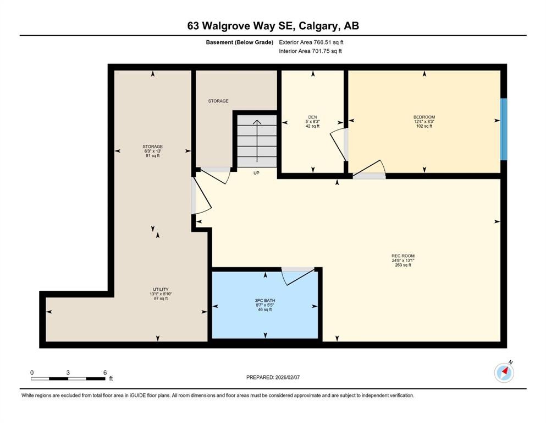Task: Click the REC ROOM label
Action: [402, 256]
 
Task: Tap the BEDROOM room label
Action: [424, 117]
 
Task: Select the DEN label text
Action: [312, 117]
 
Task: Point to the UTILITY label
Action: [160, 289]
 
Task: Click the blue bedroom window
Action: [503, 129]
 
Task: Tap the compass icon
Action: [504, 373]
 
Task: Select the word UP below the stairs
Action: [256, 173]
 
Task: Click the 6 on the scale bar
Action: [104, 372]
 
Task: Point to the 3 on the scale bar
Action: [68, 372]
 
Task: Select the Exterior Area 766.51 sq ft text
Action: [311, 42]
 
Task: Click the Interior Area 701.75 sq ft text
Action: [310, 51]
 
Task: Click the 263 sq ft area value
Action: [402, 265]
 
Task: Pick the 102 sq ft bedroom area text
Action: [424, 126]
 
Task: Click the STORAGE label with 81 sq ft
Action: [152, 147]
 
